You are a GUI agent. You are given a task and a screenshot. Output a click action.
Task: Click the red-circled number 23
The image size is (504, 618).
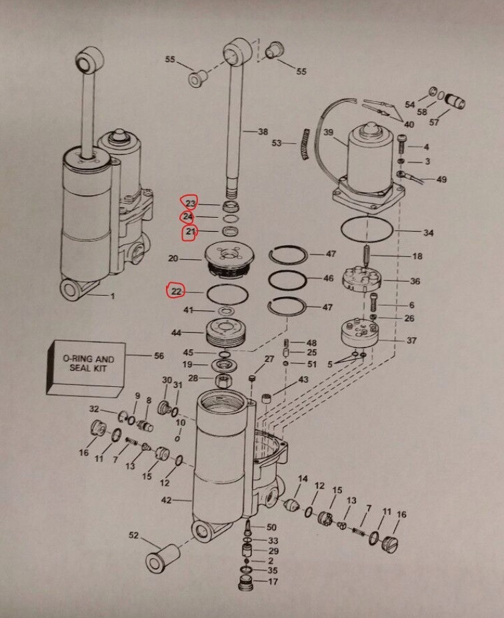191,203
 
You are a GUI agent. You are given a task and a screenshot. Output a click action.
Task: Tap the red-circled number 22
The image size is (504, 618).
177,291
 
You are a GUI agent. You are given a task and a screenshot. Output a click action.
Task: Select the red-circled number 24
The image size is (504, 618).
188,217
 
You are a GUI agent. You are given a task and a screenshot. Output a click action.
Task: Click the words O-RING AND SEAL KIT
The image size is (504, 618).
88,364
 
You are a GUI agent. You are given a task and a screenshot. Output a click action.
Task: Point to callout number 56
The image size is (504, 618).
159,356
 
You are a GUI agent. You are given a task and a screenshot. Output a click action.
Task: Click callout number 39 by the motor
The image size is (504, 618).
329,133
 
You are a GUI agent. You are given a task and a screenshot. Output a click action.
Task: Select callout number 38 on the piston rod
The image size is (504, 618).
263,132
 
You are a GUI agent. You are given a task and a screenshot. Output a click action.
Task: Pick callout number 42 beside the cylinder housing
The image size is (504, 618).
167,499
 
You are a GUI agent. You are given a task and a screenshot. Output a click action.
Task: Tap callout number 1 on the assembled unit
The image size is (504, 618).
113,296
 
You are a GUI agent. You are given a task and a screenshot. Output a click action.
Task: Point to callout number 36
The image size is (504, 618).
415,281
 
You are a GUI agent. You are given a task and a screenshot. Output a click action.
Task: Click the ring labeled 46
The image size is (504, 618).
288,280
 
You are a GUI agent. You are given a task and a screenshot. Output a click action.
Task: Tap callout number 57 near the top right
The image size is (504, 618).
434,122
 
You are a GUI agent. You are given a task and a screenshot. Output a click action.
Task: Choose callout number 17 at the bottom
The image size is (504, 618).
273,581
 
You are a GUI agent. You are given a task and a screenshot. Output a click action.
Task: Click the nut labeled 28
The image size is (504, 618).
224,381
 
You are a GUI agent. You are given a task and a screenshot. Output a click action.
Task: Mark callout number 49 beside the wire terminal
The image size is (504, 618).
441,179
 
